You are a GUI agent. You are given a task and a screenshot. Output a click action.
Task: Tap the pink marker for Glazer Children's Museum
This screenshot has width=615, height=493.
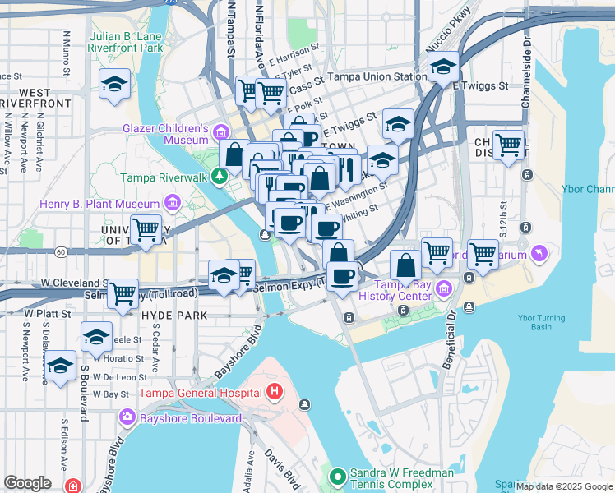pos(220,132)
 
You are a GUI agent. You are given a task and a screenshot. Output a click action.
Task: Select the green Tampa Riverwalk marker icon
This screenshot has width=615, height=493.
pos(220,176)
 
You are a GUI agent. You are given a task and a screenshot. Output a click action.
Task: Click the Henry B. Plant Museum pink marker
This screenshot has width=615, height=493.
pos(172,202)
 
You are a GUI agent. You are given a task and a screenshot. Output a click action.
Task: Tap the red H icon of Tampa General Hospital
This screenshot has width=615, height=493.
pos(275,392)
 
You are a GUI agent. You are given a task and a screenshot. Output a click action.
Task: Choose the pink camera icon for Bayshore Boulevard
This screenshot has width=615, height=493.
pos(127,417)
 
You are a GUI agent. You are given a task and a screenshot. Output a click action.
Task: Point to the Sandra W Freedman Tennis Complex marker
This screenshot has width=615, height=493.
pos(337,476)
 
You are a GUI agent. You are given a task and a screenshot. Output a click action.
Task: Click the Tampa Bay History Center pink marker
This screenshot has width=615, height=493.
pos(444,288)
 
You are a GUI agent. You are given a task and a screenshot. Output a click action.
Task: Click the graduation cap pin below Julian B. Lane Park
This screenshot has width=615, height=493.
pos(114,83)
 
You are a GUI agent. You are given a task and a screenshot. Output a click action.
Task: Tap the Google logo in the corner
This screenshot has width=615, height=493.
pos(27,482)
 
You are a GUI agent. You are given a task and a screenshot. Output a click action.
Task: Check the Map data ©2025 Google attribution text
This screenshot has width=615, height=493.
pos(564,486)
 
